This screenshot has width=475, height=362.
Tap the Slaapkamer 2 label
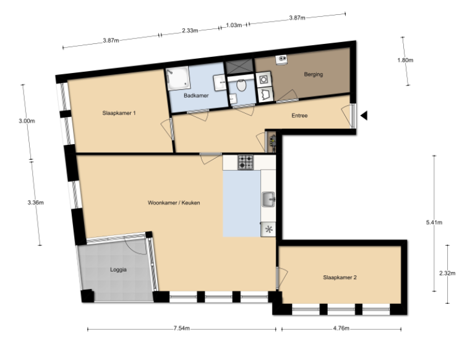340,278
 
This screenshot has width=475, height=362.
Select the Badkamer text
196,96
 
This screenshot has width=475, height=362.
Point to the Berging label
313,75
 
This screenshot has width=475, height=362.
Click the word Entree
299,116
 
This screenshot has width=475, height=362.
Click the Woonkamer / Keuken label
173,202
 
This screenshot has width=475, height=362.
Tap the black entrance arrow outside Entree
365,115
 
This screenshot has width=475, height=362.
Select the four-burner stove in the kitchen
246,162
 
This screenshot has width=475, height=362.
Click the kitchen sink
269,199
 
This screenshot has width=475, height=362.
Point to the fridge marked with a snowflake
268,229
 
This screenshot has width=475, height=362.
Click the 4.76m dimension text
341,329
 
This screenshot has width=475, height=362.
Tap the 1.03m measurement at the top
233,25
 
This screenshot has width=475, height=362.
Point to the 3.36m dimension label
35,202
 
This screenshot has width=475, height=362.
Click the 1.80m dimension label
405,61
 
